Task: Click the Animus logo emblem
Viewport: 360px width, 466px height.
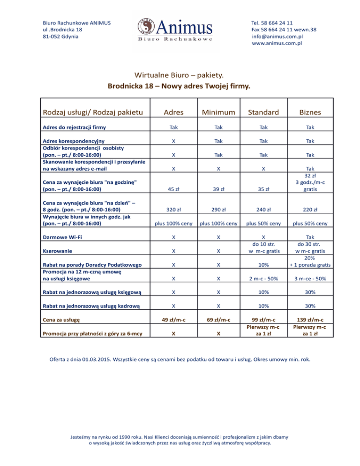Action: coord(147,27)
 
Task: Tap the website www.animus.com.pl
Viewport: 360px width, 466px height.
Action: coord(277,43)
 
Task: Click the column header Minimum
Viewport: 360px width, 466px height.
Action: coord(219,112)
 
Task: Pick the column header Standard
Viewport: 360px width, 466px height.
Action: coord(264,112)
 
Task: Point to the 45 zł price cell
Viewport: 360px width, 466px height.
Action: coord(173,190)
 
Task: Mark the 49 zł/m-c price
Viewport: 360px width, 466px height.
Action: coord(173,320)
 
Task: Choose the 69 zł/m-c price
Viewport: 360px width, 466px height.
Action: coord(219,320)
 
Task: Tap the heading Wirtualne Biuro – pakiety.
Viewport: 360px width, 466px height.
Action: coord(180,75)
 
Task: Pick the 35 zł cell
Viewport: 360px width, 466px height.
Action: coord(264,190)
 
